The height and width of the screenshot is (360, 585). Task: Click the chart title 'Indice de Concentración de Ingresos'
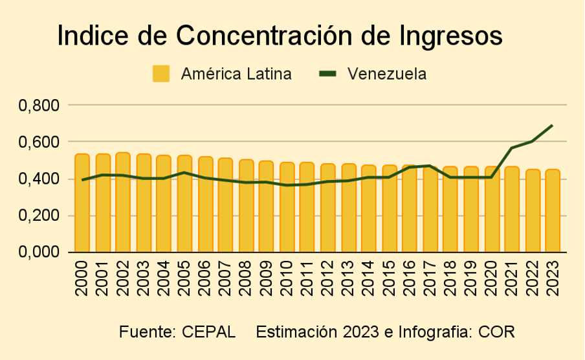(x=280, y=36)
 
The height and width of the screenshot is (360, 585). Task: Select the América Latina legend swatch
(x=160, y=74)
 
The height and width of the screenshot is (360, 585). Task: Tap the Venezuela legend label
(x=386, y=74)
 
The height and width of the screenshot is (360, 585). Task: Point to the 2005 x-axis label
(x=184, y=278)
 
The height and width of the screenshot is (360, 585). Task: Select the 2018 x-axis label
(x=450, y=278)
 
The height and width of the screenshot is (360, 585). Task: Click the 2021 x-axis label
(x=512, y=278)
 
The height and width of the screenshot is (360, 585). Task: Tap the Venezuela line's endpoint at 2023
(x=553, y=126)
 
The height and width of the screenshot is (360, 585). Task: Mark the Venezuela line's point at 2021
(x=512, y=148)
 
